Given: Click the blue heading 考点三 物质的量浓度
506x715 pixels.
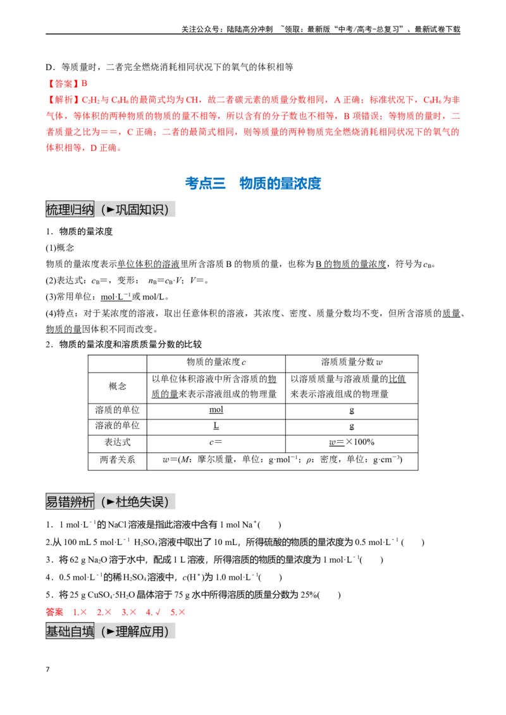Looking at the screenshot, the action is tap(252, 183).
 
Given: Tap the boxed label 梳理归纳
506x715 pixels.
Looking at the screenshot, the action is tap(70, 209).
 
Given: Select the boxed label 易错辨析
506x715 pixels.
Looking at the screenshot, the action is tap(70, 502).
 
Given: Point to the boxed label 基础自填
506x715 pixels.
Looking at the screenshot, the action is tap(70, 631).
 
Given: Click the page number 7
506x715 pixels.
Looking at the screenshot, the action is tap(47, 670).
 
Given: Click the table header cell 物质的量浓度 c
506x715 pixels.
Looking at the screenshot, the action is tap(216, 363).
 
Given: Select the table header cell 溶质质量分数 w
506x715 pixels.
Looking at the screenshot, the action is tap(352, 363).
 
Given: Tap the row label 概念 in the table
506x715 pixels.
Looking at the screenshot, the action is tap(118, 386).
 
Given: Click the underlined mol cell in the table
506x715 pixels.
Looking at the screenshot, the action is tap(216, 409).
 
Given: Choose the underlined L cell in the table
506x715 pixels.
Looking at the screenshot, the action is tap(216, 426).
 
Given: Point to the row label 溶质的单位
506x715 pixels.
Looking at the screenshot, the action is tap(118, 410).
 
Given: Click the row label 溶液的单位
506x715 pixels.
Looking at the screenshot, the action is tap(118, 426).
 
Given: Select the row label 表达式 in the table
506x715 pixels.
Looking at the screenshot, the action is tap(118, 442).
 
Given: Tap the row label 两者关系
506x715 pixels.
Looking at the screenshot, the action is tap(118, 460).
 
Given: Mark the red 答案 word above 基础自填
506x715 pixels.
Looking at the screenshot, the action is tap(54, 612).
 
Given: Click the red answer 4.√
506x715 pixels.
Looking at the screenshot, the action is tap(153, 612).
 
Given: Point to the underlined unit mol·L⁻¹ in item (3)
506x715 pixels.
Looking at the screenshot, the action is tap(116, 297).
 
